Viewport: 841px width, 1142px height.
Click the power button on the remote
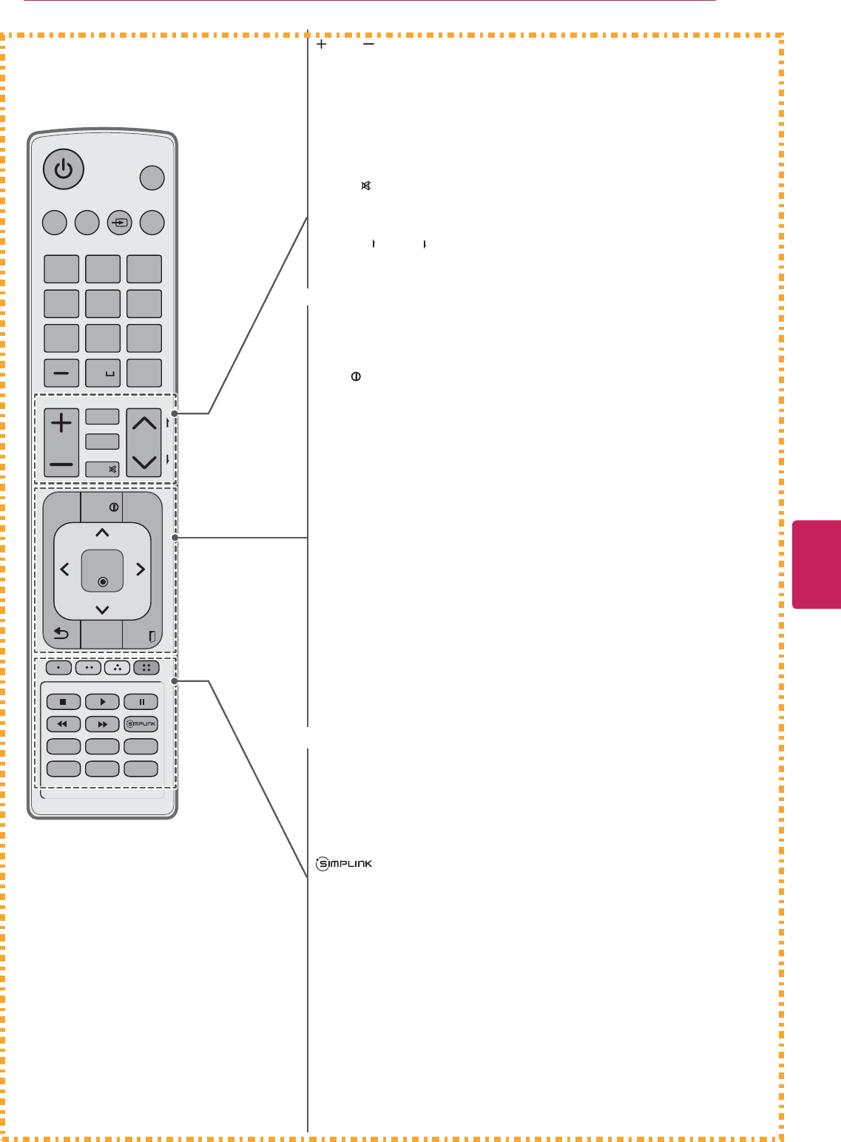(64, 169)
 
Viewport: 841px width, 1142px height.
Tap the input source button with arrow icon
(120, 223)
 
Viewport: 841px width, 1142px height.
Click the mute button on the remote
(103, 469)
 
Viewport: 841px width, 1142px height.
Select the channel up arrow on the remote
(144, 425)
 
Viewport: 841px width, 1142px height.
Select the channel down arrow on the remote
(144, 462)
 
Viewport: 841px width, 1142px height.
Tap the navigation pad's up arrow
(102, 533)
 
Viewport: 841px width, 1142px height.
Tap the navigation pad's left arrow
(65, 570)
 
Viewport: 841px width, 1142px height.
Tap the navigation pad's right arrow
(140, 570)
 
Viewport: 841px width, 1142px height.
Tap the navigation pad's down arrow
(102, 609)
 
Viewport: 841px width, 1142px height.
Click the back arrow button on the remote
(61, 634)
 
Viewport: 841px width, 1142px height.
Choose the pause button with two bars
(141, 702)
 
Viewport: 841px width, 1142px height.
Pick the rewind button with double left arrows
(64, 724)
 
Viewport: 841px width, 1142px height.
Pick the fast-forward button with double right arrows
(102, 724)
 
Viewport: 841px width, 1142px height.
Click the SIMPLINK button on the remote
(141, 724)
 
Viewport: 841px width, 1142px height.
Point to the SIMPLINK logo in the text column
(344, 863)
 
